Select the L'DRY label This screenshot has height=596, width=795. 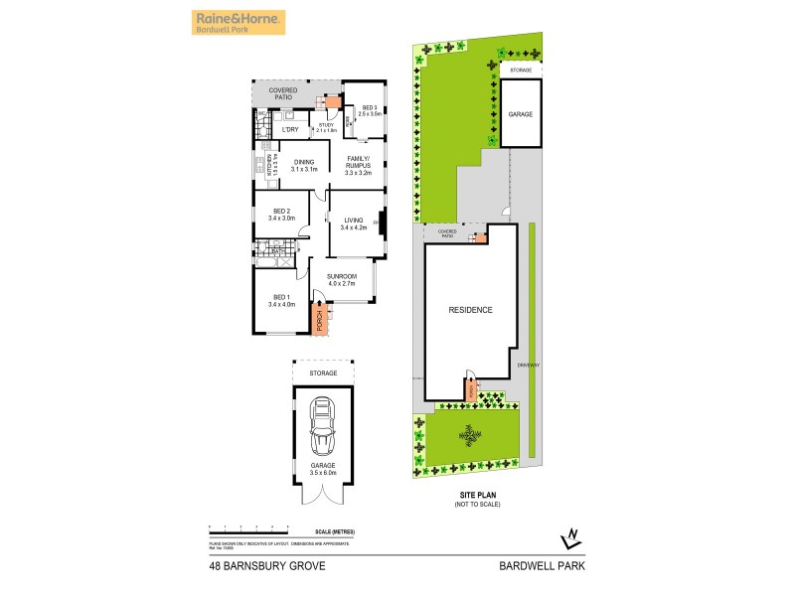coord(290,129)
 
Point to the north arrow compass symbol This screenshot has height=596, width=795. coord(570,537)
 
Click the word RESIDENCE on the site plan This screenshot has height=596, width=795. coord(471,310)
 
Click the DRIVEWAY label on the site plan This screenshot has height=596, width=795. coord(529,365)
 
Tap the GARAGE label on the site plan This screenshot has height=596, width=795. coord(521,114)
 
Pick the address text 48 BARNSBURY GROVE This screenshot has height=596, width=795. coord(260,567)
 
